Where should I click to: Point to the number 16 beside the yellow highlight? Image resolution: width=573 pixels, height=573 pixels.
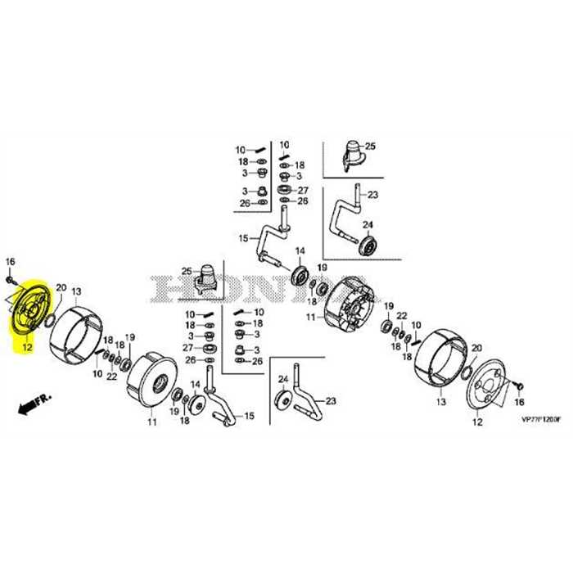coord(11,261)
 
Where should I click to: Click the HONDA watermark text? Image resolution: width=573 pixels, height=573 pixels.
coord(246,289)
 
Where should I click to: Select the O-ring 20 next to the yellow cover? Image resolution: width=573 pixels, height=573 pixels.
coord(52,314)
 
